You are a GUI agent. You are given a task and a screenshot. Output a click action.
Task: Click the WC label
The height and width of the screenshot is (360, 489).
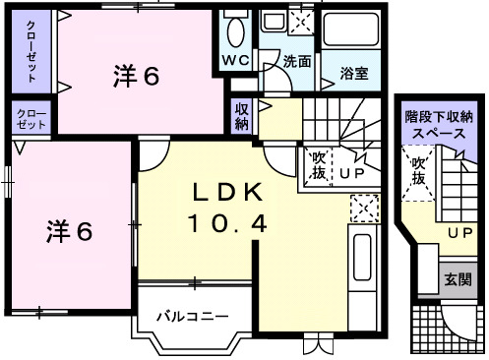tap(236, 60)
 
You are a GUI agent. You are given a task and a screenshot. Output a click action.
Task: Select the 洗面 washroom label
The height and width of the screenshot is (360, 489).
tap(297, 61)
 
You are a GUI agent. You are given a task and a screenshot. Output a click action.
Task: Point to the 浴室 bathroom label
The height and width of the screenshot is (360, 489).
tap(354, 73)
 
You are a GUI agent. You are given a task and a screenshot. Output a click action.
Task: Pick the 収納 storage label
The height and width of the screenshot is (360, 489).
tap(242, 117)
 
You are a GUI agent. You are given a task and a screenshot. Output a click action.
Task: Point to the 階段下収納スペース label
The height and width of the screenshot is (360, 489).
tap(441, 123)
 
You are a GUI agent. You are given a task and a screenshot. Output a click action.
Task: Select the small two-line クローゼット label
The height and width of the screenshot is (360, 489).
tap(31, 120)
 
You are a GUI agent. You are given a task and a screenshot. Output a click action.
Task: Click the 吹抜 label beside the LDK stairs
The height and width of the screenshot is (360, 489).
tap(319, 162)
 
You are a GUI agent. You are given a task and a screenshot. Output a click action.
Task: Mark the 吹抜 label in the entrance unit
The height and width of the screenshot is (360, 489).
tap(417, 171)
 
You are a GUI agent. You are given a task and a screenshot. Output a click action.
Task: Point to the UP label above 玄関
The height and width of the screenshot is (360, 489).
tap(458, 233)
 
